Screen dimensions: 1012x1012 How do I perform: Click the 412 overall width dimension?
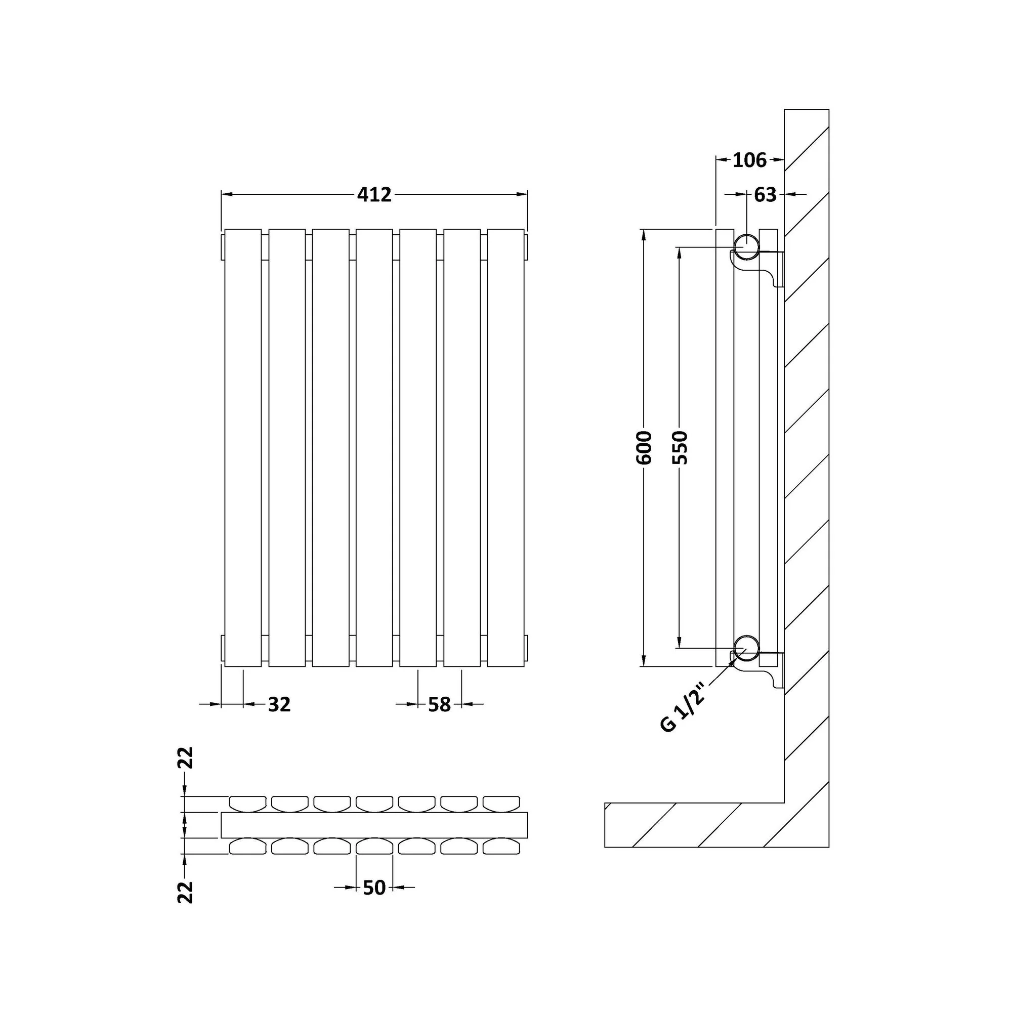pyautogui.click(x=374, y=195)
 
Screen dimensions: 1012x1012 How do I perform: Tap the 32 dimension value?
pyautogui.click(x=279, y=704)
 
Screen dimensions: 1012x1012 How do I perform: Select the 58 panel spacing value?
pyautogui.click(x=439, y=704)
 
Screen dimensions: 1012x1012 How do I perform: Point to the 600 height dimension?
pyautogui.click(x=644, y=447)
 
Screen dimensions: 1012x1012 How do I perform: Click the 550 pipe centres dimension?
pyautogui.click(x=680, y=447)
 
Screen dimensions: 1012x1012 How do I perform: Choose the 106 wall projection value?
pyautogui.click(x=749, y=160)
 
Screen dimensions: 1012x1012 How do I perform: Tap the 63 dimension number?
pyautogui.click(x=765, y=195)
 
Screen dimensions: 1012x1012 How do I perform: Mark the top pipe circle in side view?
pyautogui.click(x=746, y=247)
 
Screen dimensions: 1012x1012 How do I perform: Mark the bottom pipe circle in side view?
pyautogui.click(x=746, y=648)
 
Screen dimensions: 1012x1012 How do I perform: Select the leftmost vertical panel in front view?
pyautogui.click(x=243, y=447)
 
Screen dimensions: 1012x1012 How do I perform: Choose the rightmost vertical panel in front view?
pyautogui.click(x=505, y=447)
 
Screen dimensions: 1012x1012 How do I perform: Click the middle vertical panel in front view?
pyautogui.click(x=374, y=447)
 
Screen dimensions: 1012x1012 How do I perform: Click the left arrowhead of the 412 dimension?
pyautogui.click(x=226, y=195)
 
